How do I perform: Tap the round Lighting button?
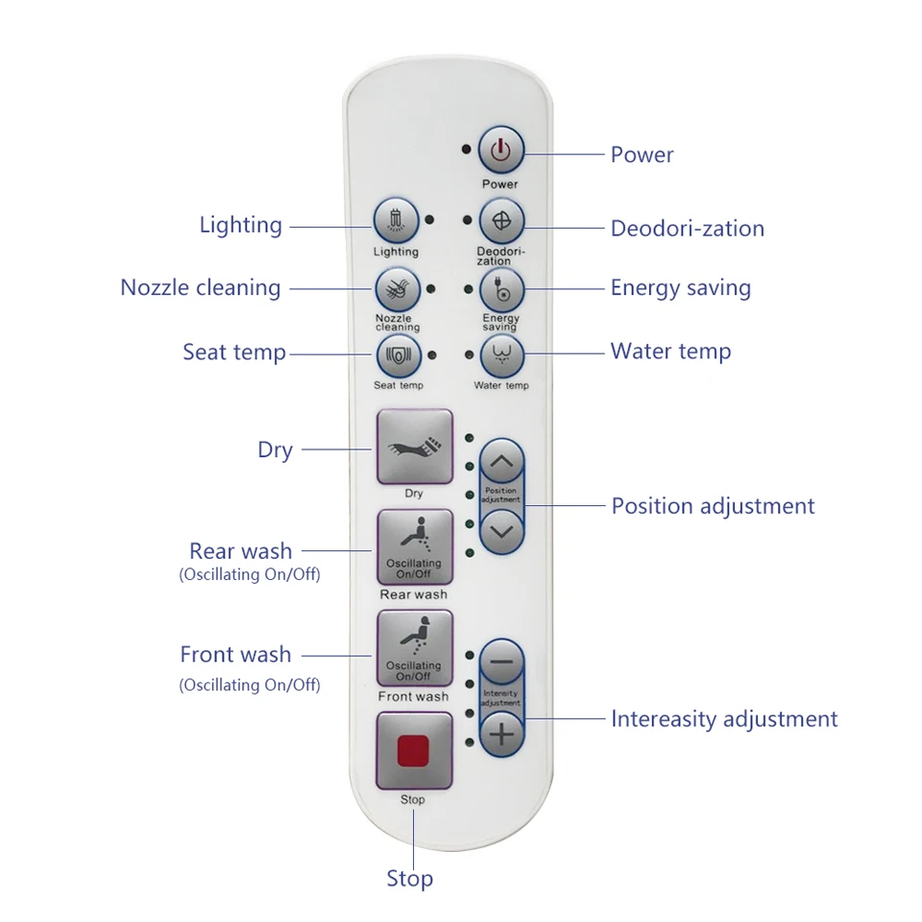point(396,221)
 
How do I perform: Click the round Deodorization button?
point(501,221)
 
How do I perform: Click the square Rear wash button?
point(414,546)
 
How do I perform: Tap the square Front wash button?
point(414,648)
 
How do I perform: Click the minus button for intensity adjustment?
point(501,663)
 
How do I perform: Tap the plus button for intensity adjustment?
point(501,736)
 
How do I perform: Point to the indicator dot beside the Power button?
point(466,150)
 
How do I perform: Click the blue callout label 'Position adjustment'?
point(713,506)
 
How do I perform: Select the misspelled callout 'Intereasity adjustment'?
point(724,719)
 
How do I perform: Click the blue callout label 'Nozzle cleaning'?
point(201,288)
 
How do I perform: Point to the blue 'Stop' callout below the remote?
point(410,879)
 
